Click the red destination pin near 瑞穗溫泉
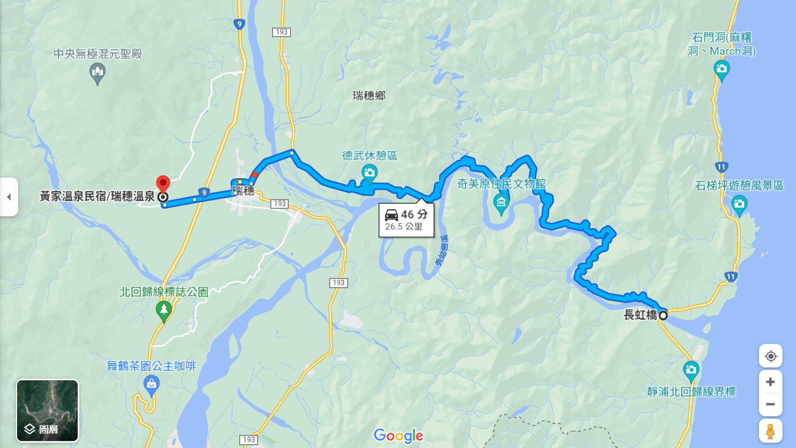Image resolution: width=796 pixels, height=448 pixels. coord(162,183)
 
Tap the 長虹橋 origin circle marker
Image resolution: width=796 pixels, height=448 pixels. coord(663,315)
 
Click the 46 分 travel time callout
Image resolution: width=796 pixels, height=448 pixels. coord(406,220)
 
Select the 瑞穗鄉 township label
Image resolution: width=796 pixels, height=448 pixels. coord(369,95)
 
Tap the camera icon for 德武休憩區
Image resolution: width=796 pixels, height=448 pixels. coord(369,172)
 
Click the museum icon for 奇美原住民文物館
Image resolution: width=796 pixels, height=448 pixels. coord(501,203)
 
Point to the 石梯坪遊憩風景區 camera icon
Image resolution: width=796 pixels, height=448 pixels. coord(740,205)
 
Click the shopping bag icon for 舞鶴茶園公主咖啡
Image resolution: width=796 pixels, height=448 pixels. coord(151,385)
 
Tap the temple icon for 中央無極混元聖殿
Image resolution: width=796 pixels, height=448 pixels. coord(98,73)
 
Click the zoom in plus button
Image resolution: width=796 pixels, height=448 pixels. coord(770,382)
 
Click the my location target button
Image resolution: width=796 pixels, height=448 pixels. coord(770,356)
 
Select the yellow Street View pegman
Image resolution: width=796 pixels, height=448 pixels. coord(770,431)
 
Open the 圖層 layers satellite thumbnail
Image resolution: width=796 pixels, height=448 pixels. coord(47,410)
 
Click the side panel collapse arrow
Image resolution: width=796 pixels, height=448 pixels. coord(8,197)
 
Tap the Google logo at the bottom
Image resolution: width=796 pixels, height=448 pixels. coord(398,436)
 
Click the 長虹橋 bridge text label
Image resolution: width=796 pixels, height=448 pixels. coord(640,315)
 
